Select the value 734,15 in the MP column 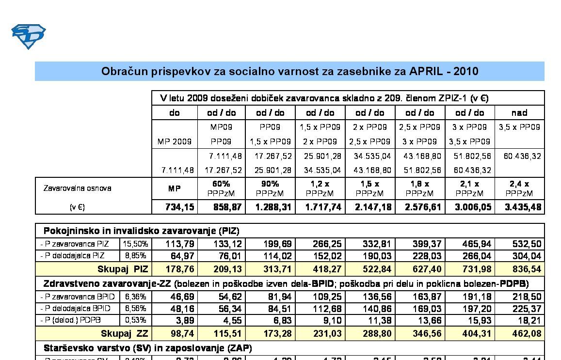click(180, 207)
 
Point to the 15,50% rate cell click(136, 244)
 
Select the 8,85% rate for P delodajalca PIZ click(136, 256)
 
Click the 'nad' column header click(519, 113)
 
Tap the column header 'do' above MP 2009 click(175, 113)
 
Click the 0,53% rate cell click(136, 320)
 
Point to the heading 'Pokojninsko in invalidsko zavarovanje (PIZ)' click(142, 231)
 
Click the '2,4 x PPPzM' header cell click(519, 188)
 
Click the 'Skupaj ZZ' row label click(124, 333)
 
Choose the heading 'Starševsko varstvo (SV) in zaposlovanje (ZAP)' click(148, 348)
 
